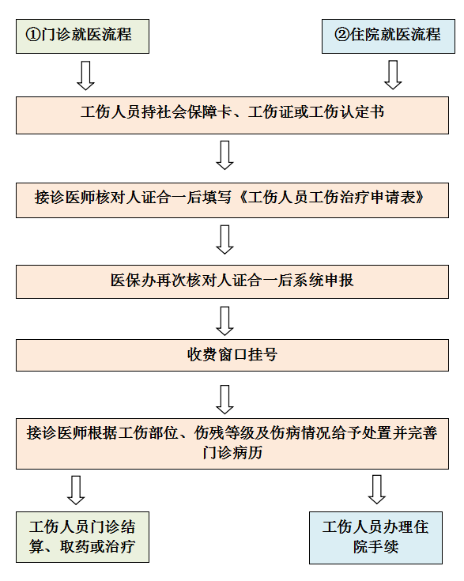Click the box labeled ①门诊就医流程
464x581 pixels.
click(82, 36)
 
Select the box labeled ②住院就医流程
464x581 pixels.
click(388, 36)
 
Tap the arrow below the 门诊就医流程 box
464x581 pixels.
click(85, 75)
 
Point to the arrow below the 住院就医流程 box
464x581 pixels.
click(393, 75)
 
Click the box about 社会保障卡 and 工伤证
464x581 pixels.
click(232, 115)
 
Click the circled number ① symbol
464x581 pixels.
click(33, 35)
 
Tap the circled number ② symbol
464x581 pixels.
click(341, 35)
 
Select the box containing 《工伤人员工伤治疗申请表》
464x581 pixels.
click(232, 200)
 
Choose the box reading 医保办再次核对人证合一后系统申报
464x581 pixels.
click(232, 281)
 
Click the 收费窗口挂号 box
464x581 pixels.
click(232, 356)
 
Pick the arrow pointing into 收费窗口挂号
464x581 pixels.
click(224, 321)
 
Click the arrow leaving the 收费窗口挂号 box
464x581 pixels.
click(224, 399)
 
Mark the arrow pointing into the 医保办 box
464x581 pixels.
click(224, 240)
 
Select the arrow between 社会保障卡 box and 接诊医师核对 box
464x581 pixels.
click(224, 155)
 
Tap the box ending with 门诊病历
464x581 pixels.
click(232, 444)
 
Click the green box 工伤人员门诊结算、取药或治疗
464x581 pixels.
click(82, 538)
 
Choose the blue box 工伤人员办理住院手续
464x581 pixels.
click(375, 538)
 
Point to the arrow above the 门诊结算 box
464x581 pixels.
click(76, 490)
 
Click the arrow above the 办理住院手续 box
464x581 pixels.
click(377, 489)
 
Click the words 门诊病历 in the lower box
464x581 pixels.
click(232, 453)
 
